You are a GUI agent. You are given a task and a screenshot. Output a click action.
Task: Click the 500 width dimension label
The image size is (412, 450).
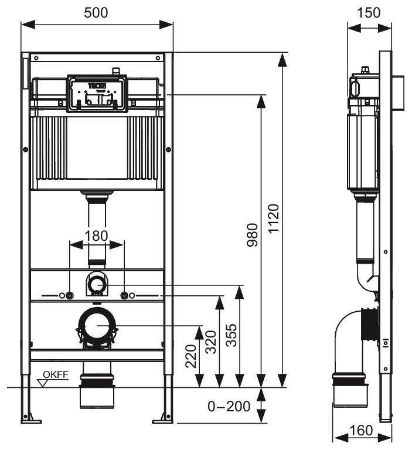pyautogui.click(x=96, y=12)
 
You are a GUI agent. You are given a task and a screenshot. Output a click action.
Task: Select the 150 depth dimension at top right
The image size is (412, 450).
pyautogui.click(x=369, y=12)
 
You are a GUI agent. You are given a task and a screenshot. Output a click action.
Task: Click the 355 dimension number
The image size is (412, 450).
pyautogui.click(x=232, y=335)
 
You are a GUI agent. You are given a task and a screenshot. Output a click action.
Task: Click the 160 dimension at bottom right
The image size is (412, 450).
pyautogui.click(x=361, y=431)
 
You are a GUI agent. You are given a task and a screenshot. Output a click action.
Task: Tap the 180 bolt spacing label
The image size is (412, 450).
pyautogui.click(x=97, y=236)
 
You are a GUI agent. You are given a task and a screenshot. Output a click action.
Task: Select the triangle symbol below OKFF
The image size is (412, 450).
pyautogui.click(x=43, y=383)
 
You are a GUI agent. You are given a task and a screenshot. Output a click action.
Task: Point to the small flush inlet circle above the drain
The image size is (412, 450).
pyautogui.click(x=97, y=285)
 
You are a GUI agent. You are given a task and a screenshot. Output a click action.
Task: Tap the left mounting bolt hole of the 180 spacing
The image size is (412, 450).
pyautogui.click(x=70, y=295)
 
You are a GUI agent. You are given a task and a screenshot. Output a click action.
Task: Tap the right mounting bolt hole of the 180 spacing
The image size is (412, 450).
pyautogui.click(x=124, y=295)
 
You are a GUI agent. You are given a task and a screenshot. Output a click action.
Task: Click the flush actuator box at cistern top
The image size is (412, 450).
pyautogui.click(x=97, y=93)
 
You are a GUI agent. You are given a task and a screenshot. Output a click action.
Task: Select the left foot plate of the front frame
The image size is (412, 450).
pyautogui.click(x=30, y=418)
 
